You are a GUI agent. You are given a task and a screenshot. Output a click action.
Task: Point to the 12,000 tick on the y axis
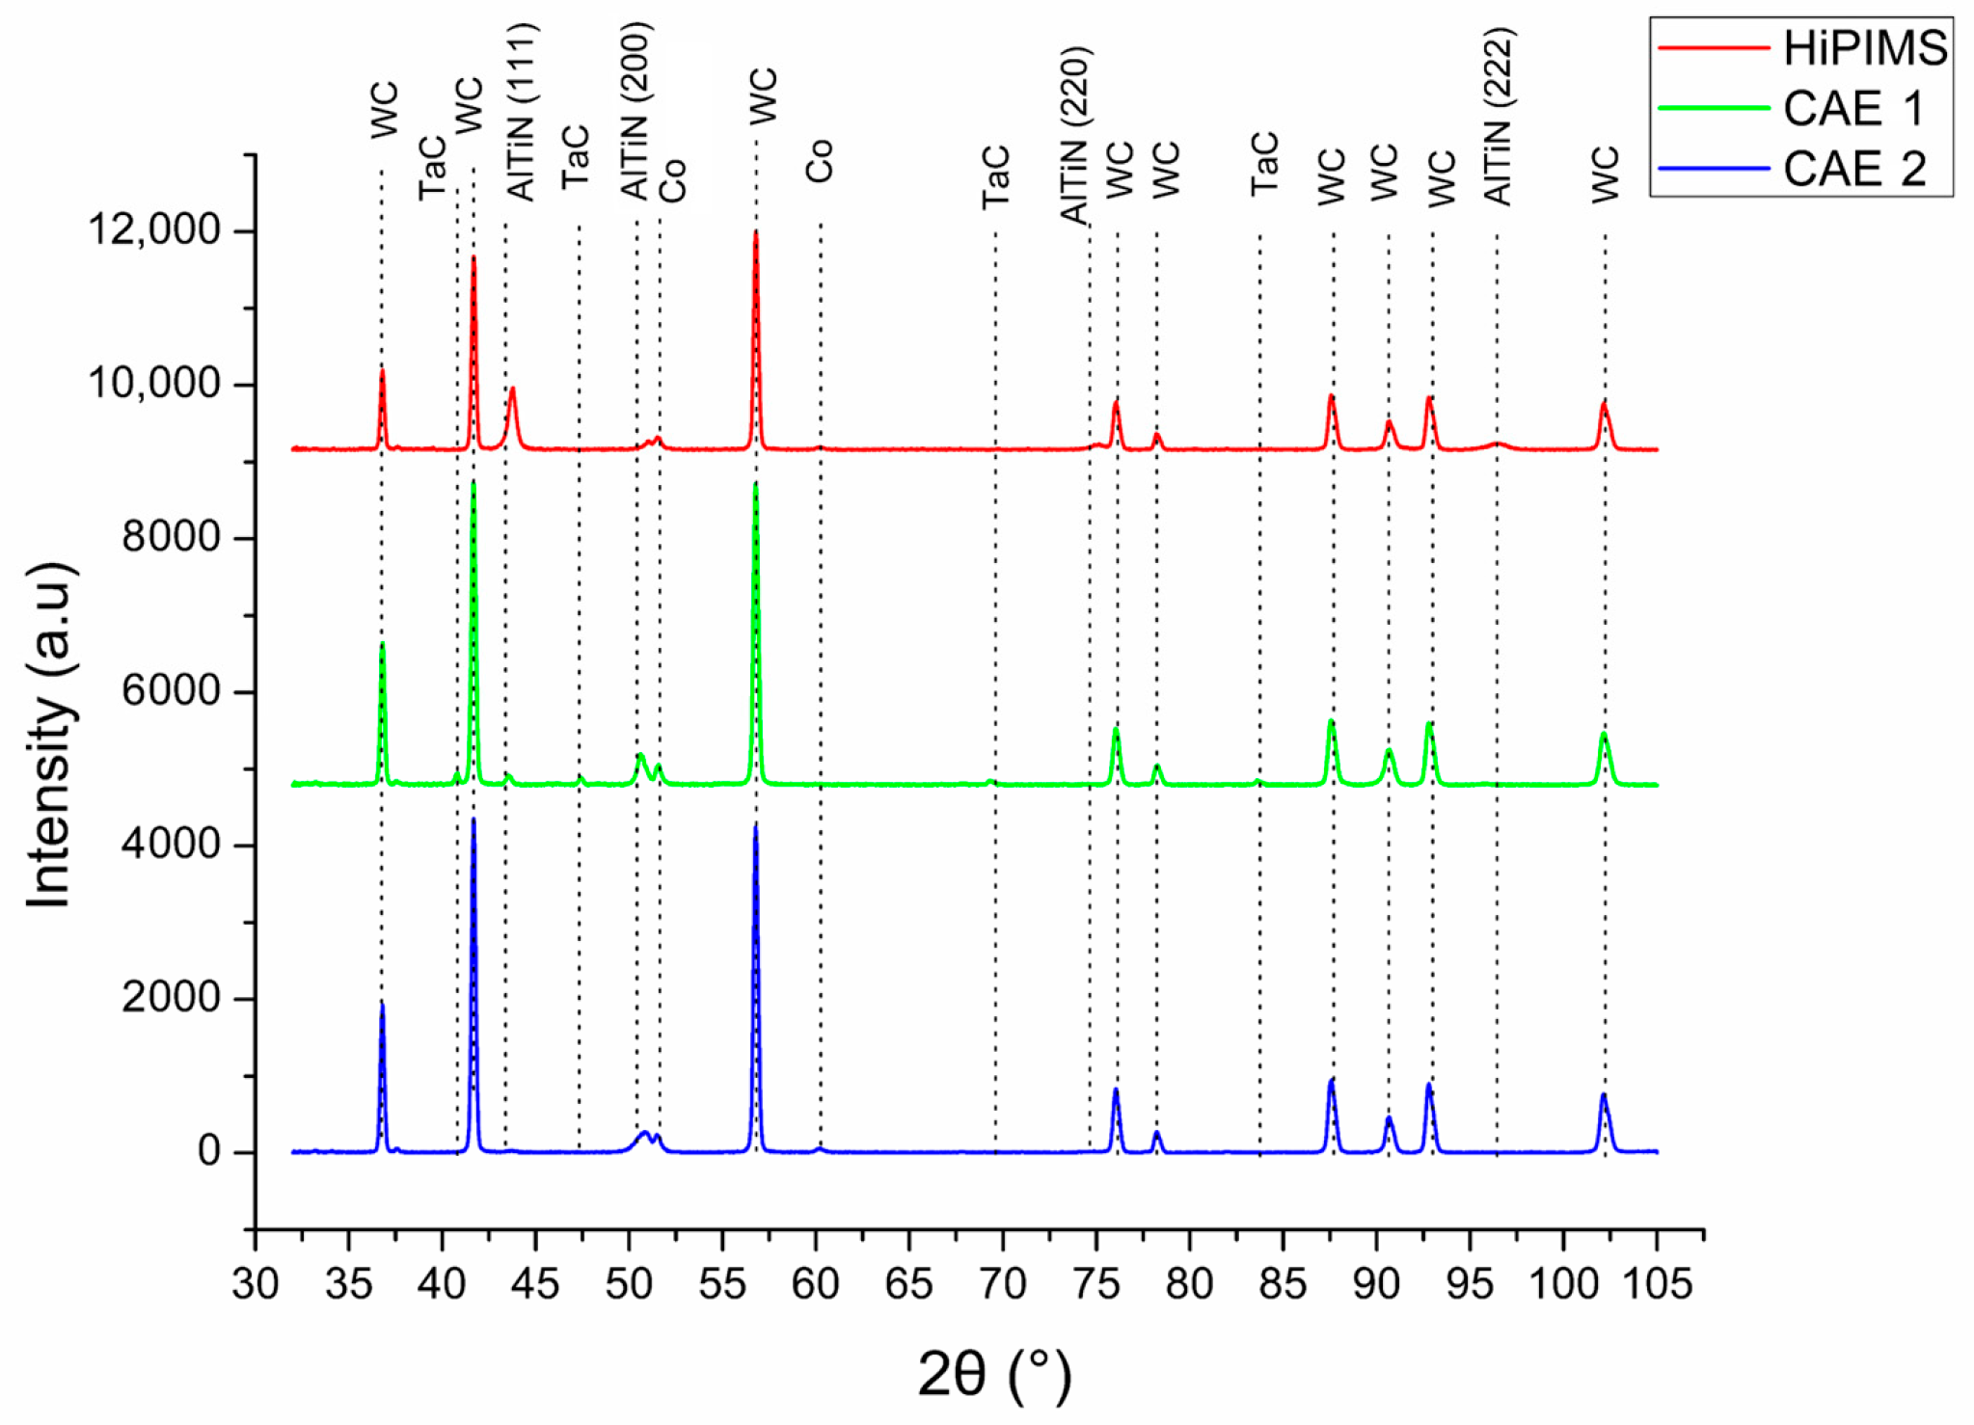pos(154,230)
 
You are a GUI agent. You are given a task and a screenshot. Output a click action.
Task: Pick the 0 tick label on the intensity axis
pos(209,1151)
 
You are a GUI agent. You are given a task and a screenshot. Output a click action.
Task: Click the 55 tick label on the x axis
pos(722,1284)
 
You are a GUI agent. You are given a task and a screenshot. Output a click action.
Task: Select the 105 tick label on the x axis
pos(1656,1284)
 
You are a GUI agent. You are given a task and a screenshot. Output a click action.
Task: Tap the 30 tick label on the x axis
pos(256,1284)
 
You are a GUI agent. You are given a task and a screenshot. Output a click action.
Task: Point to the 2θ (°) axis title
pos(993,1373)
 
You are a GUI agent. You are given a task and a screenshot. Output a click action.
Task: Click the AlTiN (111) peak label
pos(522,112)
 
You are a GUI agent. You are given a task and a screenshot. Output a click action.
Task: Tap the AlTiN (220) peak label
pos(1074,135)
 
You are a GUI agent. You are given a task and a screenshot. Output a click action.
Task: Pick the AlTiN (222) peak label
pos(1498,116)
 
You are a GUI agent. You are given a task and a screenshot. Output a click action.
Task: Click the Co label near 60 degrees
pos(819,161)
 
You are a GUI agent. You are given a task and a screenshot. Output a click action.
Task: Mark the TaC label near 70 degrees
pos(995,176)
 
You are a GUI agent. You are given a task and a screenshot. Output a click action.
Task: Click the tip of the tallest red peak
pos(755,232)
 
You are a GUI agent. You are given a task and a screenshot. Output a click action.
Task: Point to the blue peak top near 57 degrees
pos(755,827)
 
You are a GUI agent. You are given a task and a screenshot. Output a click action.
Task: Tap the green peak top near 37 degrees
pos(382,644)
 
